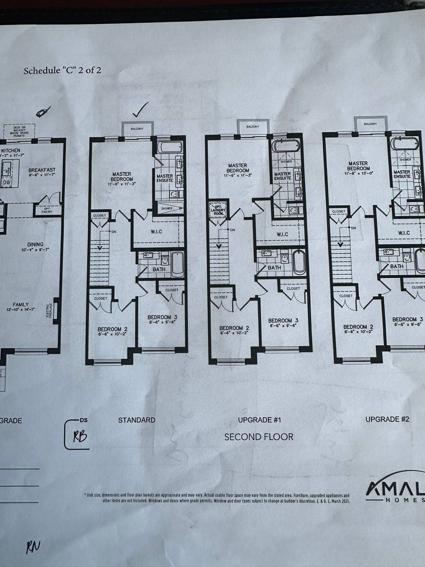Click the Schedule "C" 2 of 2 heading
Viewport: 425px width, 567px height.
pyautogui.click(x=62, y=70)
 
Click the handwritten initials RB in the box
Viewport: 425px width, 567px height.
pyautogui.click(x=80, y=437)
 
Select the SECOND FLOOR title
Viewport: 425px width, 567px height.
pyautogui.click(x=259, y=437)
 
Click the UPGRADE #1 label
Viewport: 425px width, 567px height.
pyautogui.click(x=259, y=420)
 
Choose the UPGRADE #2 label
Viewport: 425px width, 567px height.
pyautogui.click(x=387, y=419)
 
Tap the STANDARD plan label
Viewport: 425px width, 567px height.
pyautogui.click(x=137, y=420)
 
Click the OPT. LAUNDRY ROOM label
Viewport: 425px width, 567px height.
pyautogui.click(x=219, y=210)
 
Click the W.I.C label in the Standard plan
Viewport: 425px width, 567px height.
pyautogui.click(x=156, y=231)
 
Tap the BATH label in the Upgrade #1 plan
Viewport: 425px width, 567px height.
pyautogui.click(x=274, y=267)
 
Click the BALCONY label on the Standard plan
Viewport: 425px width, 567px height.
pyautogui.click(x=137, y=129)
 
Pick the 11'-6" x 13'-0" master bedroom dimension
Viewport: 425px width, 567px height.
pyautogui.click(x=357, y=173)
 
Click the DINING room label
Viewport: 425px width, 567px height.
pyautogui.click(x=35, y=244)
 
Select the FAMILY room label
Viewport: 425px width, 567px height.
pyautogui.click(x=20, y=305)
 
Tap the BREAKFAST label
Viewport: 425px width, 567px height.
pyautogui.click(x=42, y=170)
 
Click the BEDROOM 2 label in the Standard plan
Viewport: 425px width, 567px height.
pyautogui.click(x=112, y=329)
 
